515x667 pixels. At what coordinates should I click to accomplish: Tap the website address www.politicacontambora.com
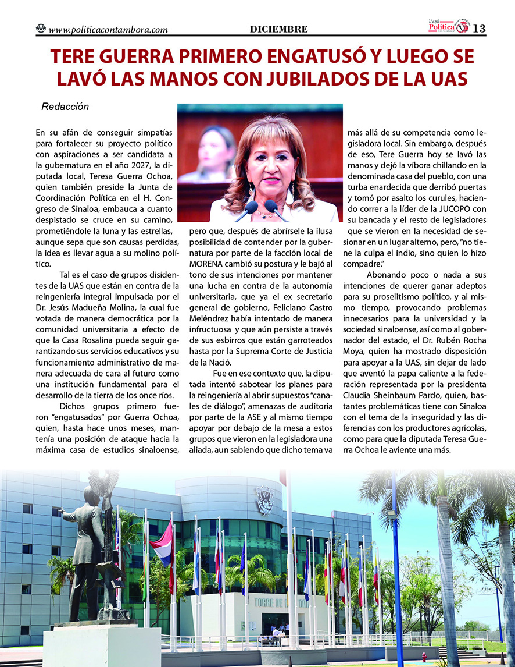coord(109,29)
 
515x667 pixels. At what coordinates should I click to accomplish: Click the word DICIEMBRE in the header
coord(279,29)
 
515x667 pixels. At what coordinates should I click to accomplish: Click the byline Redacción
coord(65,107)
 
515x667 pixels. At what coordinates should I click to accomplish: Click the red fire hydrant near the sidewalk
coord(423,656)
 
